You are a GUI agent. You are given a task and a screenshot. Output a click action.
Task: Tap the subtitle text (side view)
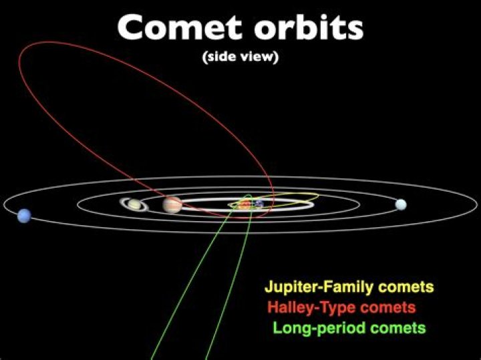(x=240, y=57)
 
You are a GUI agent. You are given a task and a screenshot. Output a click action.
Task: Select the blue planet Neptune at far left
(x=25, y=215)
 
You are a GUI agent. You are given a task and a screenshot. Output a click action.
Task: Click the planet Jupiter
(x=172, y=204)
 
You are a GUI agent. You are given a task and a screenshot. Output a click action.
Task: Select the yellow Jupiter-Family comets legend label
(x=349, y=288)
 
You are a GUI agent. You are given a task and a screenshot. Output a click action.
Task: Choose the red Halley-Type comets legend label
(x=341, y=308)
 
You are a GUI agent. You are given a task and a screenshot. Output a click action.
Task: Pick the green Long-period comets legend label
(x=349, y=328)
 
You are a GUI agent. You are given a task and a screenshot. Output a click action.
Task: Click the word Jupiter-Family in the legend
(x=311, y=288)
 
